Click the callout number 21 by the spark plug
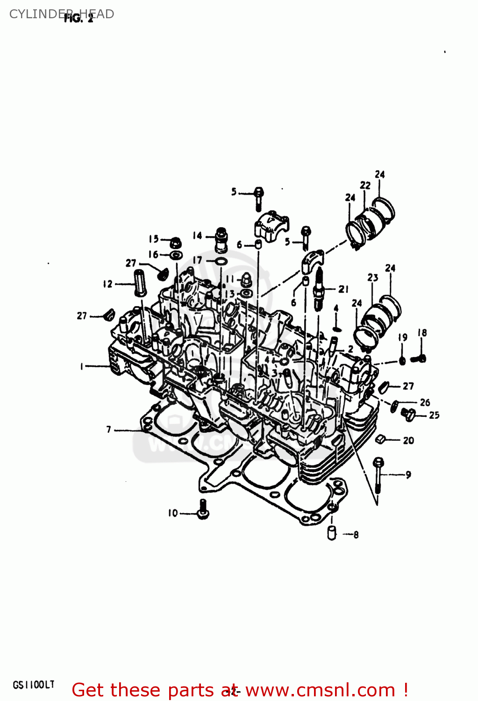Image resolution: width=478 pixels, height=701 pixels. click(x=343, y=289)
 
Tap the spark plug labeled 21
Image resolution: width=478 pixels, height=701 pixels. click(x=320, y=289)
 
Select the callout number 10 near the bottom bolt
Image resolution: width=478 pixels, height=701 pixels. click(x=173, y=513)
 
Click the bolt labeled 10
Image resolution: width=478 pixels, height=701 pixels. click(x=203, y=509)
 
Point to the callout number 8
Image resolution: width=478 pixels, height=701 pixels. click(x=356, y=535)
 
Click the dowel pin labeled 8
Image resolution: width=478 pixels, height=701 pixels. click(x=332, y=533)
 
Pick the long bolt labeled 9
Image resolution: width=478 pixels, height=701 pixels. click(x=378, y=475)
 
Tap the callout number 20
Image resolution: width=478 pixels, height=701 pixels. click(x=408, y=440)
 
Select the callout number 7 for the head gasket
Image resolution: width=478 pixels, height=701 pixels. click(x=109, y=429)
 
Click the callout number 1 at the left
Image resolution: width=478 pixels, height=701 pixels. click(x=81, y=366)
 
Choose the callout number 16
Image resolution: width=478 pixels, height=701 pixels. click(x=153, y=255)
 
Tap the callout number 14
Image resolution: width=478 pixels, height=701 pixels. click(x=197, y=236)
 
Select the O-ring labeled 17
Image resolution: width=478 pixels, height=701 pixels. click(x=222, y=260)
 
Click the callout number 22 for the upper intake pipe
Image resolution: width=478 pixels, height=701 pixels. click(x=365, y=185)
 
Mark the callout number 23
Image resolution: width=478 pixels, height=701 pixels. click(x=372, y=278)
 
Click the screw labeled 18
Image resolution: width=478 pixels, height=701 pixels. click(x=419, y=359)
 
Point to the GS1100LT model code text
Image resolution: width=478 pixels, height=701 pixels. click(x=33, y=685)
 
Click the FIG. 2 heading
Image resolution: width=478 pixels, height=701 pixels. click(x=78, y=18)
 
